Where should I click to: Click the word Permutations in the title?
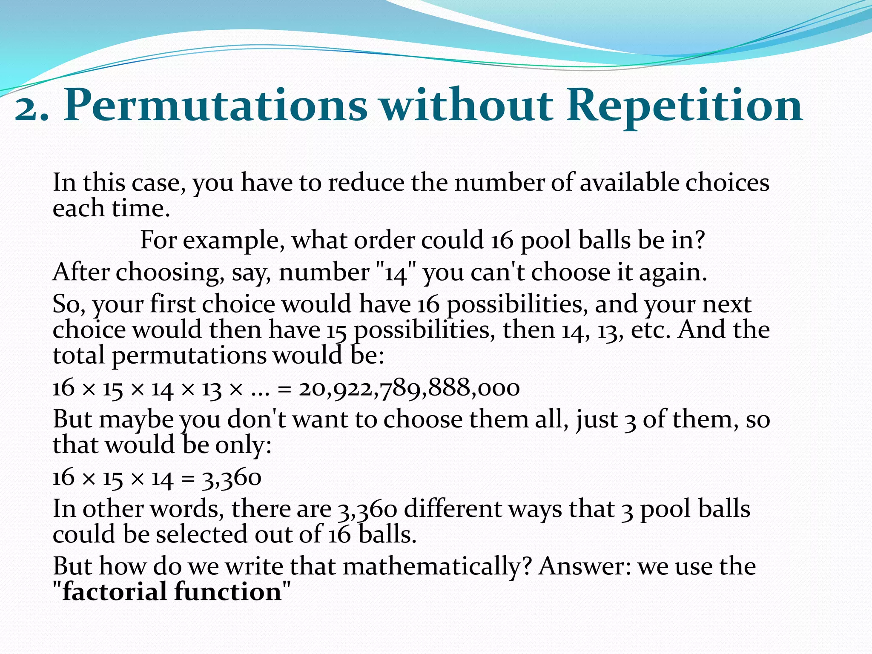215,106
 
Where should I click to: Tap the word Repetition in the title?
684,106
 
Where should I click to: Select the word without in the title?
467,106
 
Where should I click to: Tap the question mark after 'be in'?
699,240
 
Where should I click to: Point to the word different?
453,509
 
